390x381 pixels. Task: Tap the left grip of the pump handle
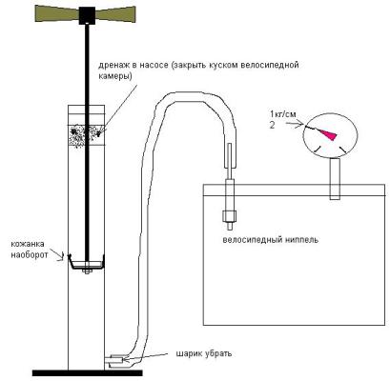point(56,14)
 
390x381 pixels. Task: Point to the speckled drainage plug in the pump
point(87,135)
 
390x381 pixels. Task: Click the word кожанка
point(28,244)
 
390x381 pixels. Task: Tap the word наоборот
point(30,254)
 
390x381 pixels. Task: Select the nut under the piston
point(87,271)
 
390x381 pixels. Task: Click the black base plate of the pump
point(87,372)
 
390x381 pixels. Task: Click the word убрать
point(216,353)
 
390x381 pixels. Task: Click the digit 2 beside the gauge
point(272,125)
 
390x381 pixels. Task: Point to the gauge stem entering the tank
point(335,179)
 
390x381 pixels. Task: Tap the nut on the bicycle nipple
point(229,216)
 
